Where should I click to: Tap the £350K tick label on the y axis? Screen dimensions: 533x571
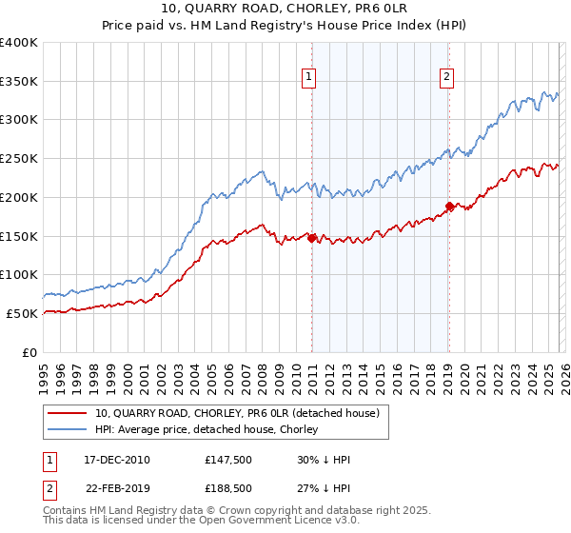pos(19,82)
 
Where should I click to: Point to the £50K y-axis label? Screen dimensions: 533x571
pos(22,313)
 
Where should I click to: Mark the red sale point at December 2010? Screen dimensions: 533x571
pos(311,238)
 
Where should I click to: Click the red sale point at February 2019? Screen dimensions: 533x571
pos(449,206)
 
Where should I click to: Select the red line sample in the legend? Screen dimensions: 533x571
pos(68,413)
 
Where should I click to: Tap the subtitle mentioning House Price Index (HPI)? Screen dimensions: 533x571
pos(285,28)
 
